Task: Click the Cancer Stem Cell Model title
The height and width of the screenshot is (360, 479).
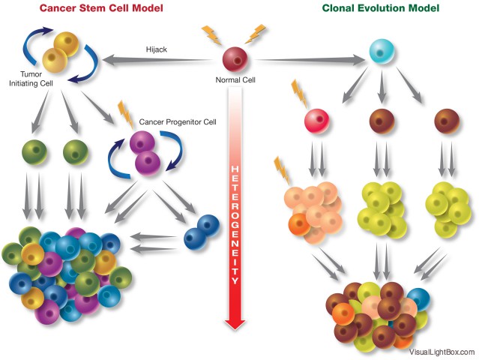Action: click(101, 8)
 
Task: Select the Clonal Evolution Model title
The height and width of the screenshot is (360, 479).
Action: click(381, 8)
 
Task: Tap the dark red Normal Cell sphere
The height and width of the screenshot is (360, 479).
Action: click(235, 59)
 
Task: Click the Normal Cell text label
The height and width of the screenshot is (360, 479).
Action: click(235, 80)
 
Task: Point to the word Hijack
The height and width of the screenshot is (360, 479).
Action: click(157, 49)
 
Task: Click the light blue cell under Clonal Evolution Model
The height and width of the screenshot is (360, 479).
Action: click(382, 51)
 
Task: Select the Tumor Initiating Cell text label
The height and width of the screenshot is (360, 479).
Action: click(31, 79)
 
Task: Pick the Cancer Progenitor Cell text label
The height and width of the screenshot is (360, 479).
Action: click(178, 122)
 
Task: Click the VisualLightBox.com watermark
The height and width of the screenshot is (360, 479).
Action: click(442, 352)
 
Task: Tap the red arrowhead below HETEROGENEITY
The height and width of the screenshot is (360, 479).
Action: click(235, 324)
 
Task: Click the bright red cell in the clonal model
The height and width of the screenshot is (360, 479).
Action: click(317, 121)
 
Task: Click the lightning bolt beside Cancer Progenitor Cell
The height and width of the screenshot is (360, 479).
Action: click(125, 114)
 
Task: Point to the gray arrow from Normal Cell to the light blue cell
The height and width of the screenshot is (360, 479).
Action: click(310, 60)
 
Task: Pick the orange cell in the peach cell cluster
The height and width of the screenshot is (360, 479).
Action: click(300, 224)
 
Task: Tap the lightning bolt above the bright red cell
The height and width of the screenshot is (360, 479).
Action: click(299, 94)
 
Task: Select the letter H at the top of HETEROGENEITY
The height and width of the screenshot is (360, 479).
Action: click(235, 169)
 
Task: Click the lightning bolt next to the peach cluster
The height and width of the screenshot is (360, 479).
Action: click(282, 171)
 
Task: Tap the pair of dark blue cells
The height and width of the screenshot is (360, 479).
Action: click(202, 232)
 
